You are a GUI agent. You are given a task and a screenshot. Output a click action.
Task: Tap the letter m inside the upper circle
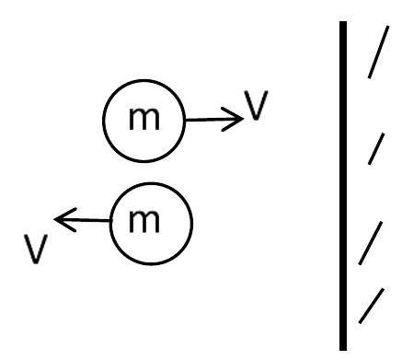click(144, 119)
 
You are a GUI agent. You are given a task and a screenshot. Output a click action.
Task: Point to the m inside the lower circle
click(144, 222)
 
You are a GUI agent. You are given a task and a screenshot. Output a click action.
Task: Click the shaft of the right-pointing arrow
click(213, 120)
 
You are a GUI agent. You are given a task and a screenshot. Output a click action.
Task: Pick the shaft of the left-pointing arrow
click(82, 220)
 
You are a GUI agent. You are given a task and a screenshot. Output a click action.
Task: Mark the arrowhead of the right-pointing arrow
click(232, 119)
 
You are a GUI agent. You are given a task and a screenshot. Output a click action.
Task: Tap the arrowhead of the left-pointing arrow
click(65, 220)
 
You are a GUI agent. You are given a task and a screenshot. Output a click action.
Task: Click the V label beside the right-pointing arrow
click(256, 105)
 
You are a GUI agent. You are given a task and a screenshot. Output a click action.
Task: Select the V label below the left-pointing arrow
click(36, 249)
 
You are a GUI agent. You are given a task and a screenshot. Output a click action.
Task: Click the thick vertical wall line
click(343, 186)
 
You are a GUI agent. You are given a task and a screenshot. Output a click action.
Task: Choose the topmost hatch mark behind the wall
click(378, 52)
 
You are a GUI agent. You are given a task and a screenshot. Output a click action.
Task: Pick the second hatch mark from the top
click(376, 148)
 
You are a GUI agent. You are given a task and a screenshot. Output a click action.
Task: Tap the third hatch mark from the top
click(371, 243)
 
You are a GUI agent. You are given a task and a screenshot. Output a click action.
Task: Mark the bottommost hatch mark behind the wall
click(372, 306)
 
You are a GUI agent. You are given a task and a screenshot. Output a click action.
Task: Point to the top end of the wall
click(343, 21)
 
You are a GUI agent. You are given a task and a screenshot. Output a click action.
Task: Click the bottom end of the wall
click(343, 350)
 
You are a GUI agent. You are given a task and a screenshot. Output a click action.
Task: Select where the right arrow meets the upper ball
click(186, 120)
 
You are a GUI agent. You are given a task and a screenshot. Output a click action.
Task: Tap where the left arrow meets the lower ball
click(109, 220)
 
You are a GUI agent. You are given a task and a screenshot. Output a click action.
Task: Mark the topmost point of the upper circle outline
click(144, 80)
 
